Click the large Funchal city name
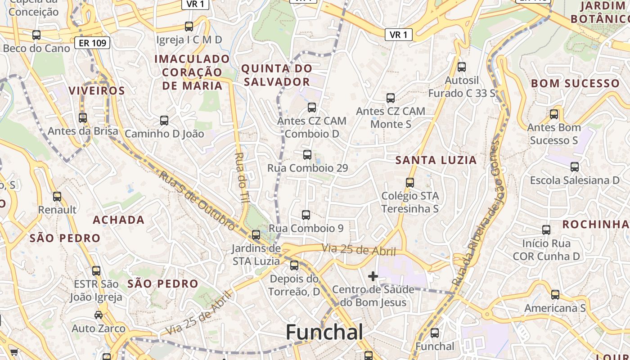(x=324, y=333)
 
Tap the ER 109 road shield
(x=92, y=43)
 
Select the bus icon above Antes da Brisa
(x=83, y=118)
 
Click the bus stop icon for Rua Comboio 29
(x=307, y=155)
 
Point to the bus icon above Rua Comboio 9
(x=306, y=215)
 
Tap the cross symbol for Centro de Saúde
(x=373, y=276)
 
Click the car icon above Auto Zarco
(x=99, y=315)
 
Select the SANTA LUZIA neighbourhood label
(x=436, y=160)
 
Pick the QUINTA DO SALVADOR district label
(x=276, y=75)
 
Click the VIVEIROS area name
(x=97, y=91)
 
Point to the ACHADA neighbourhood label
(x=119, y=220)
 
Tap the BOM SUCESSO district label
(x=575, y=84)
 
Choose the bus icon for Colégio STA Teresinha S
(x=409, y=183)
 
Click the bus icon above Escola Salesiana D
(x=575, y=167)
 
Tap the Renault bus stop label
(x=57, y=210)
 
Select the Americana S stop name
(x=555, y=308)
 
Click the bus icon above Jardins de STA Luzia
(x=256, y=235)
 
